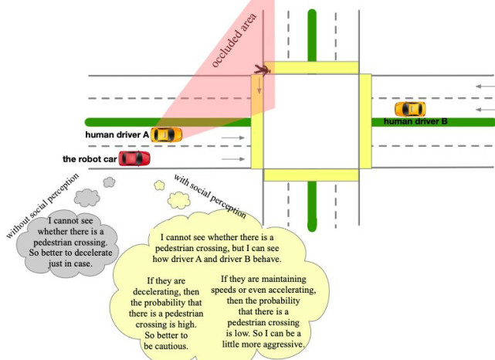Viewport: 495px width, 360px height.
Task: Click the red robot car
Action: coord(134,158)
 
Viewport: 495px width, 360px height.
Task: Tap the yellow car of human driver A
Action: coord(166,135)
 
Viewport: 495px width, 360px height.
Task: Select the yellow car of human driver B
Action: coord(410,109)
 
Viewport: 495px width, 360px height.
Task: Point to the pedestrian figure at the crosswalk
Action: coord(263,70)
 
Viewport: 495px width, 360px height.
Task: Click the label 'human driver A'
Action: coord(117,135)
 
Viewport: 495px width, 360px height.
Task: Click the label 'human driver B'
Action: coord(415,121)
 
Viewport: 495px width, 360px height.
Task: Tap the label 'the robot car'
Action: coord(90,159)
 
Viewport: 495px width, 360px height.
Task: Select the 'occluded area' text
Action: coord(234,40)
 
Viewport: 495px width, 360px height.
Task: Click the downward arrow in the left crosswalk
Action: coord(259,86)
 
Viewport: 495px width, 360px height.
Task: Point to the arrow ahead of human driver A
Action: coord(233,138)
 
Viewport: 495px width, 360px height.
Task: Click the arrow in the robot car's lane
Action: coord(233,159)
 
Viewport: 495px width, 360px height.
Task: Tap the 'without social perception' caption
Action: coord(42,206)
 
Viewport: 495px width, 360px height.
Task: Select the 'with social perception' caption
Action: coord(210,196)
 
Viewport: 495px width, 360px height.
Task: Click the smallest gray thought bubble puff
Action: coord(109,182)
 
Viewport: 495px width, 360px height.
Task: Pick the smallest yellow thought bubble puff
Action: coord(159,185)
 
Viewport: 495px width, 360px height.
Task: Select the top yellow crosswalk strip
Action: coord(311,68)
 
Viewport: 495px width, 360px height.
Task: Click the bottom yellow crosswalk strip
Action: coord(311,175)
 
